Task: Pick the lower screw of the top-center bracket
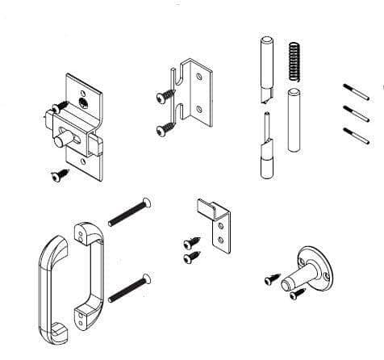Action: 166,128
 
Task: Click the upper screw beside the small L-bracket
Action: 190,241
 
